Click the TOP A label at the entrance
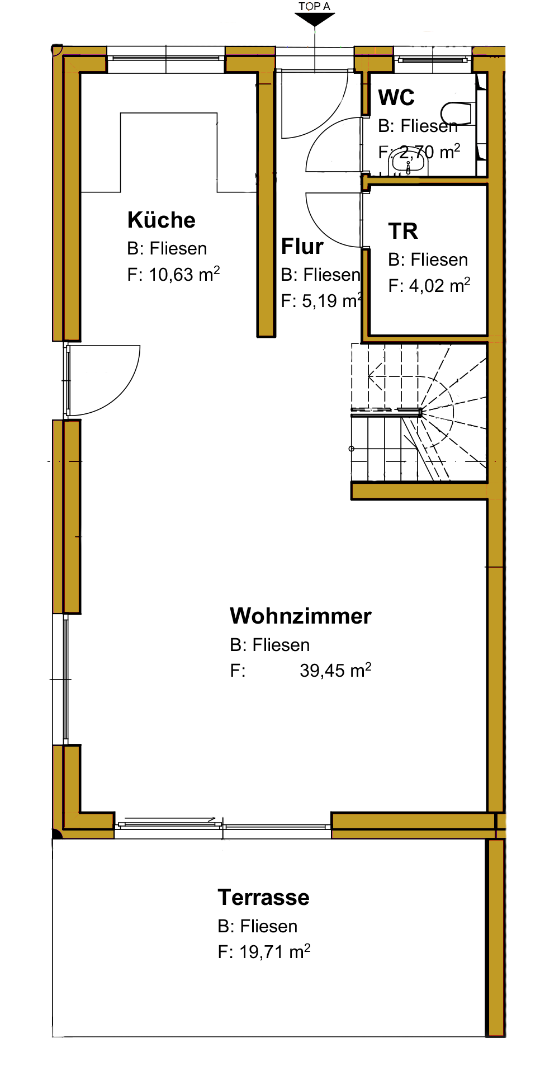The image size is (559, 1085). (x=314, y=6)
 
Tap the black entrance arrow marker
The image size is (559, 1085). (x=315, y=19)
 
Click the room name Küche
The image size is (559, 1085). (x=162, y=220)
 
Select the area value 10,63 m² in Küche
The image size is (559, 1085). (x=184, y=274)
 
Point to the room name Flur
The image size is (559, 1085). (x=302, y=246)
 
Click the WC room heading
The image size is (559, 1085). (x=396, y=97)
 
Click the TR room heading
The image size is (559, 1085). (x=403, y=231)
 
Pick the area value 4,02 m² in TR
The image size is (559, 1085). (x=439, y=285)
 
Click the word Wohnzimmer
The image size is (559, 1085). (x=301, y=616)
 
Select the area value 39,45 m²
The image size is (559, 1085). (x=335, y=670)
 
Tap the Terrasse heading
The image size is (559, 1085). (x=263, y=897)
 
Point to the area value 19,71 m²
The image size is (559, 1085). (x=274, y=951)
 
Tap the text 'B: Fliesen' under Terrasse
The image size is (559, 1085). (x=257, y=926)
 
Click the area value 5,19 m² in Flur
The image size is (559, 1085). (x=332, y=300)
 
